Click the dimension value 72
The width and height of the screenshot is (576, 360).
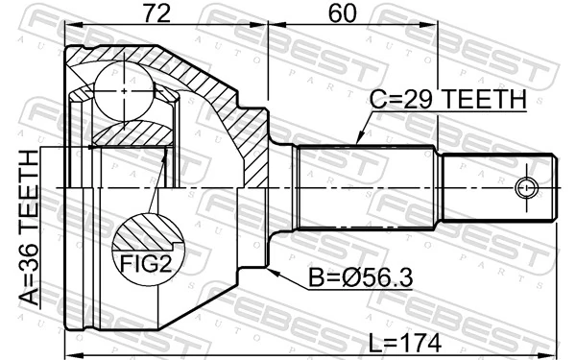tap(156, 14)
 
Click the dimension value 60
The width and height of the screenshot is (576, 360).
tap(342, 14)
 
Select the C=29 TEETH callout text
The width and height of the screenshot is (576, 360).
tap(448, 99)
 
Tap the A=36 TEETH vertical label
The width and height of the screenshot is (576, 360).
tap(29, 228)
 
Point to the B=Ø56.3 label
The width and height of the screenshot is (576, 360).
tap(360, 277)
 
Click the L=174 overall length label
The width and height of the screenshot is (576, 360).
tap(405, 343)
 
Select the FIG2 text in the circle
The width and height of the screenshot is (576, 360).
tap(146, 263)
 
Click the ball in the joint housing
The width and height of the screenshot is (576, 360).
tap(124, 91)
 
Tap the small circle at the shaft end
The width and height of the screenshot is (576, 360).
tap(526, 188)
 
